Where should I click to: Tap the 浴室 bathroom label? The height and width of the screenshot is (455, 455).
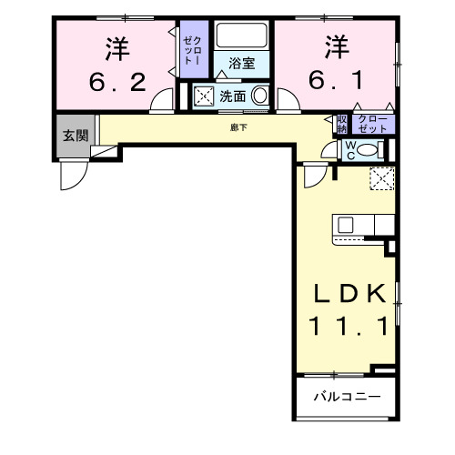click(x=241, y=64)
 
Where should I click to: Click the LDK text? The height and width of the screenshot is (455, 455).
click(x=342, y=293)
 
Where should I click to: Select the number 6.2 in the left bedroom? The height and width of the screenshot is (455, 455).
click(x=117, y=84)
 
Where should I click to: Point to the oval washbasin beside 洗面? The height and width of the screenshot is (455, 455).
click(x=259, y=96)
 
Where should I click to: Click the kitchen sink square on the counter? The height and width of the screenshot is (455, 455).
click(x=346, y=223)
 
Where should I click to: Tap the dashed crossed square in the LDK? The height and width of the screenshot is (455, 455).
click(x=381, y=178)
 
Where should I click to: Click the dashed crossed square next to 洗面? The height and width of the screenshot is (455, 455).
click(x=204, y=96)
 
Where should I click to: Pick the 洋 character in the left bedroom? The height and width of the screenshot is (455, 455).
click(x=117, y=45)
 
